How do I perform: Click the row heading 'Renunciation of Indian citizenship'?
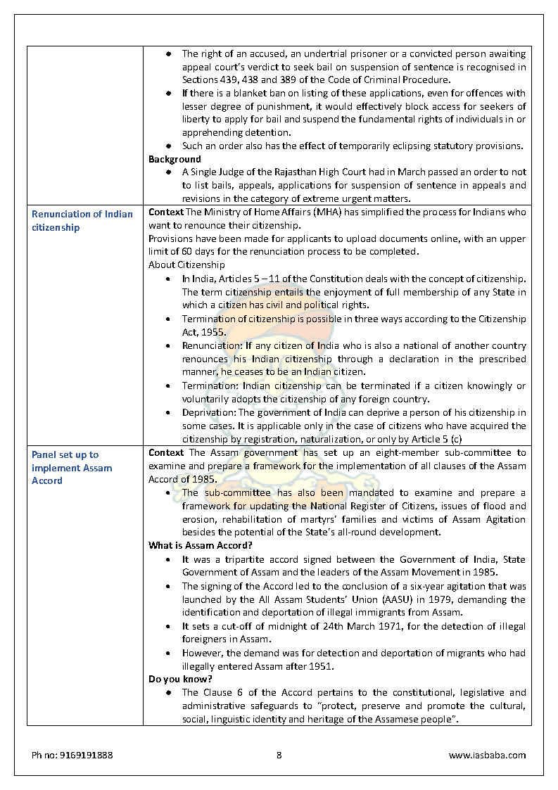[x=82, y=220]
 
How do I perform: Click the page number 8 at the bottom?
[x=279, y=755]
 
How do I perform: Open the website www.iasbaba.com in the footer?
[x=487, y=755]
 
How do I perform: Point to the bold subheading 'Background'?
[x=175, y=159]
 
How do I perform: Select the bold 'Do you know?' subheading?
[x=180, y=679]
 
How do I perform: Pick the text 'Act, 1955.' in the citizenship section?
[x=204, y=332]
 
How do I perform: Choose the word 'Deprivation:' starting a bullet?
[x=208, y=412]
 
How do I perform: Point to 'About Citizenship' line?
[x=186, y=265]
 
